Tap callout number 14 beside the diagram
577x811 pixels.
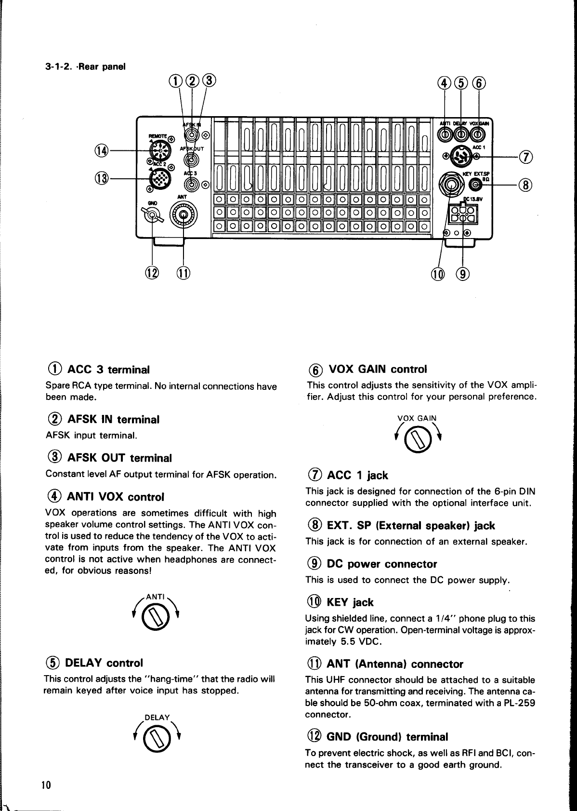pyautogui.click(x=102, y=151)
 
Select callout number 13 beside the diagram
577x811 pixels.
pyautogui.click(x=102, y=178)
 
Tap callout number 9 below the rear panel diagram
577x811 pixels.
pyautogui.click(x=463, y=274)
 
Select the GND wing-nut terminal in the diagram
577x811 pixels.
pyautogui.click(x=152, y=216)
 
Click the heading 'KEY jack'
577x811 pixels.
pyautogui.click(x=350, y=602)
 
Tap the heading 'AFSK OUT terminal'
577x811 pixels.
pyautogui.click(x=119, y=458)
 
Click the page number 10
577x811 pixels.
pyautogui.click(x=46, y=784)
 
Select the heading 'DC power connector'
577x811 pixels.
pyautogui.click(x=381, y=564)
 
